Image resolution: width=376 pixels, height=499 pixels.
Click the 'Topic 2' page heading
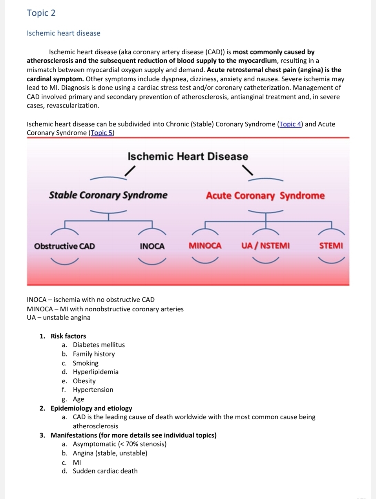(41, 13)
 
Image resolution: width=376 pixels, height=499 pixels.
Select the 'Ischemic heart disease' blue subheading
(64, 33)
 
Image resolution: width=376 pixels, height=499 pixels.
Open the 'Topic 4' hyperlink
(290, 124)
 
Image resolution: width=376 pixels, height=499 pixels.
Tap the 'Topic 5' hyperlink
(102, 133)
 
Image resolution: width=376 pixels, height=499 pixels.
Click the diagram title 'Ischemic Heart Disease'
(188, 156)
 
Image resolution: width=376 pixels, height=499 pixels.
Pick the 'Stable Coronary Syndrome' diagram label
(108, 195)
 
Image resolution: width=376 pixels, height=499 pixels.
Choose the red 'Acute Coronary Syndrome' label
(265, 196)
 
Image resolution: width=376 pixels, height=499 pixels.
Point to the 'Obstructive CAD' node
(64, 246)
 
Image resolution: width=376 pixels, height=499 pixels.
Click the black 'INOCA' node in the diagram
(152, 246)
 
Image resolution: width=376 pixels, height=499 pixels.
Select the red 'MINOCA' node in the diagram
(205, 246)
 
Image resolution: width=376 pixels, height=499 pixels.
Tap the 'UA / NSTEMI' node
(265, 246)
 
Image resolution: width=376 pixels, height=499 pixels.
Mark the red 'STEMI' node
(331, 246)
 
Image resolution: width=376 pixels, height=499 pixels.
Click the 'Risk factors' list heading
(68, 336)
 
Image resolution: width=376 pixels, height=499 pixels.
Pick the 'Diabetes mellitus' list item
(99, 345)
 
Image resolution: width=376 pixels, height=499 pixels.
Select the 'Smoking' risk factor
(86, 363)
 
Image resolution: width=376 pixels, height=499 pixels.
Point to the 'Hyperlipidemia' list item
(96, 372)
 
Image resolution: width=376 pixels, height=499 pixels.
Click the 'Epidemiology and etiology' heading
(91, 408)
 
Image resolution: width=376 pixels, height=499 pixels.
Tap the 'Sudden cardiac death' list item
(105, 471)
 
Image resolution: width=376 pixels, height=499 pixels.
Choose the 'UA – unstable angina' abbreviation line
(58, 318)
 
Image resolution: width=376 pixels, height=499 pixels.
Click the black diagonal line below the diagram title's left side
(130, 171)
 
